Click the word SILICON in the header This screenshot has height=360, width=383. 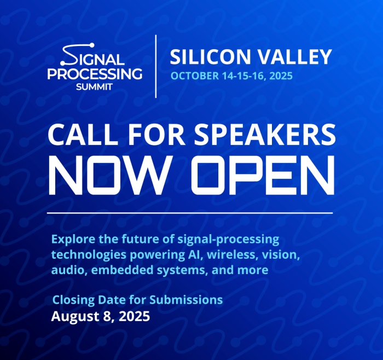(x=210, y=57)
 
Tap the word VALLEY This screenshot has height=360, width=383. (x=295, y=57)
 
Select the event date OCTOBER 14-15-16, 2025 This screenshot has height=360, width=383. (x=231, y=76)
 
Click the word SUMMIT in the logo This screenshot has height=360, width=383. (x=94, y=86)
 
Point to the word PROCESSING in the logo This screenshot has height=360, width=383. (x=95, y=74)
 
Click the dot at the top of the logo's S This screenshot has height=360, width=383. (x=92, y=45)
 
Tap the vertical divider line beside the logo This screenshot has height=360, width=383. (x=156, y=66)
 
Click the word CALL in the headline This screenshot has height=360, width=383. (x=83, y=135)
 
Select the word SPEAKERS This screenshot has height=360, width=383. (x=265, y=135)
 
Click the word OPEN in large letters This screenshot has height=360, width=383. (x=263, y=175)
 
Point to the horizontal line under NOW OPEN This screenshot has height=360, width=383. (x=190, y=213)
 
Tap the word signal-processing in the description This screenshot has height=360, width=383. (x=228, y=240)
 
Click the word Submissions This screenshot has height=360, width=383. (x=186, y=300)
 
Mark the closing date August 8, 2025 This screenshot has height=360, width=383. (x=100, y=316)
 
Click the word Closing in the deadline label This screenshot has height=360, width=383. (x=73, y=300)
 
